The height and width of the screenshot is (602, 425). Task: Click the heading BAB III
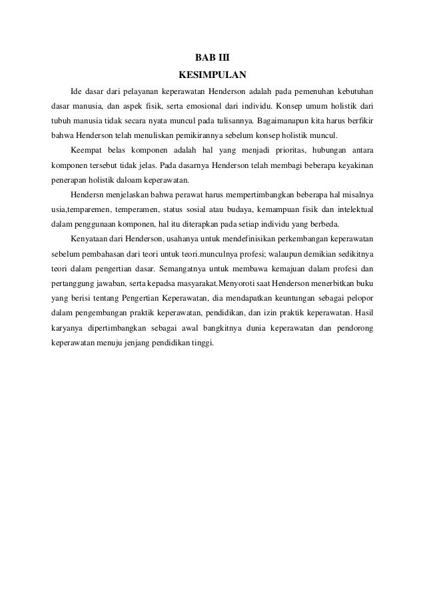pos(212,57)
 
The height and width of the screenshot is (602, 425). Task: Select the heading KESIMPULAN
pos(212,73)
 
